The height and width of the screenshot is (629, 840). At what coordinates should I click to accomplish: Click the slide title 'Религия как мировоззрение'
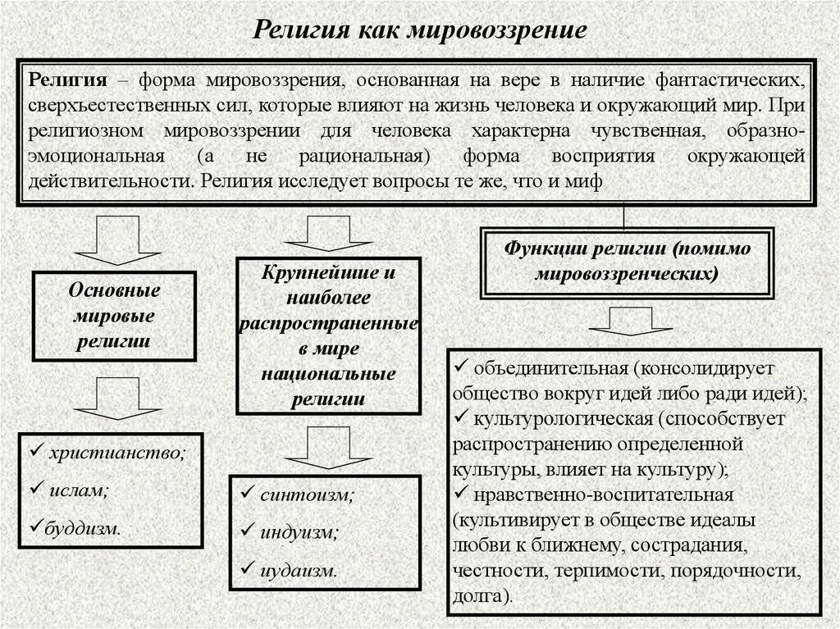(x=419, y=30)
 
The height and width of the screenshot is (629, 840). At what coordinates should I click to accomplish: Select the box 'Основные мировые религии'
(x=114, y=316)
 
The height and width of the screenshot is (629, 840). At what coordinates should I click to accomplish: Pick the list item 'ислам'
(x=79, y=490)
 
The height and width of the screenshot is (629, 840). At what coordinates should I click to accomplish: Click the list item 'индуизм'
(x=299, y=532)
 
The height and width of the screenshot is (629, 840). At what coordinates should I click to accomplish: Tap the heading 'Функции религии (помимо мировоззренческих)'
(x=627, y=260)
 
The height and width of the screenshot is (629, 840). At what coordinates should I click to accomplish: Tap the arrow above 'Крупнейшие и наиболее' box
(x=328, y=234)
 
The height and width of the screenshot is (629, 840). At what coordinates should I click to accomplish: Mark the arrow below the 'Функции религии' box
(x=630, y=321)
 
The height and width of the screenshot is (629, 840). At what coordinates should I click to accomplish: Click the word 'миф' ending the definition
(x=589, y=181)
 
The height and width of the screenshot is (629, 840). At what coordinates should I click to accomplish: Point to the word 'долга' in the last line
(x=479, y=596)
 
